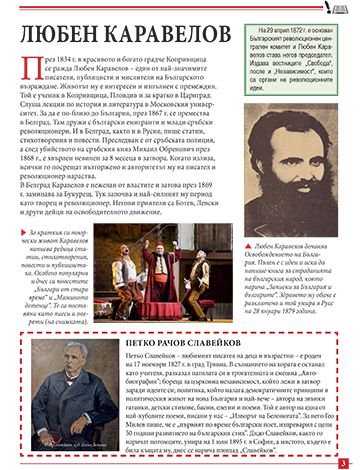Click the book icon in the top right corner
(343, 9)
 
